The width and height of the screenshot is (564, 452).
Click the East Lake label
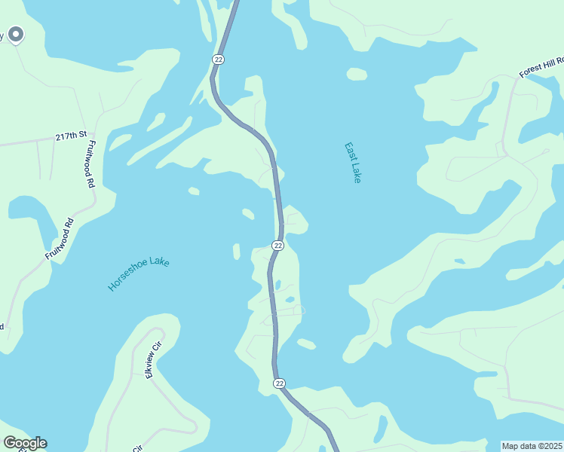coord(352,163)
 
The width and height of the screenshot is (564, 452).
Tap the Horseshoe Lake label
coord(139,273)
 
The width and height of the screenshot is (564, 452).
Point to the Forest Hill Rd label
coord(541,67)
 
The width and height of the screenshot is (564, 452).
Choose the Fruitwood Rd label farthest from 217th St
coord(59,240)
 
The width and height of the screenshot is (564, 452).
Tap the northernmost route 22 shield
coord(218,59)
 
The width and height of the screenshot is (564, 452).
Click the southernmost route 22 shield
coord(279,383)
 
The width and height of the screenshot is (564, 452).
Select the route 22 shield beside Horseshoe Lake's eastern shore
coord(277,246)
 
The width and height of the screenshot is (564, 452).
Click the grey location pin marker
coord(15,34)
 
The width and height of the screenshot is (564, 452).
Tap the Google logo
coord(24,443)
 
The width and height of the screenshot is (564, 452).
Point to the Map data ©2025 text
coord(532,446)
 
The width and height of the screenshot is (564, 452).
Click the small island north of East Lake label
coord(357,74)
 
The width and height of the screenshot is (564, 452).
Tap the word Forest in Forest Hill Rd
coord(529,72)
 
